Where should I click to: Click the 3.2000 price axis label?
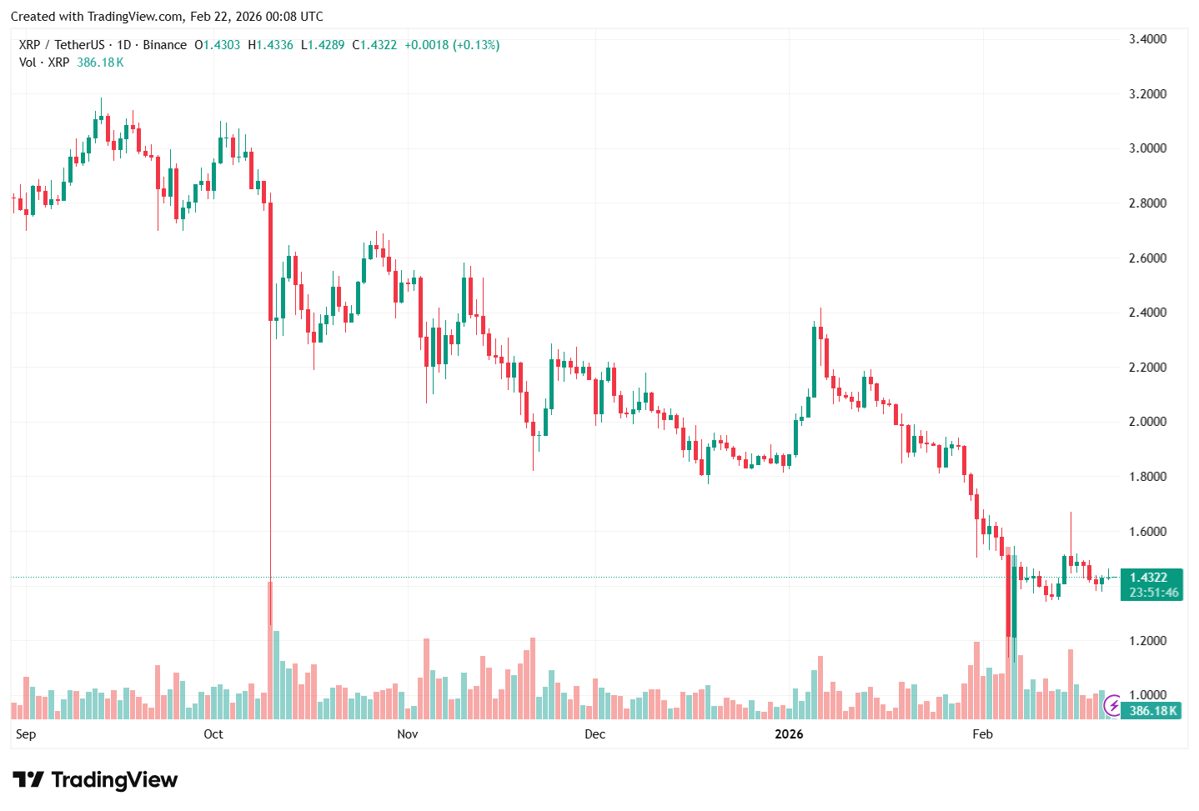(1147, 94)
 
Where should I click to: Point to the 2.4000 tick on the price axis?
(1147, 313)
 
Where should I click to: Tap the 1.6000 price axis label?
(1147, 532)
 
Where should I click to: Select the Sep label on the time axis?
(26, 734)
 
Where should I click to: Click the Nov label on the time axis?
(408, 734)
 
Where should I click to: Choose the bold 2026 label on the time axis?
(789, 734)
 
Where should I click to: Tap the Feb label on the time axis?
(983, 734)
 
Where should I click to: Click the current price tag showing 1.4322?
(1149, 578)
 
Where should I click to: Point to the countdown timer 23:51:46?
(1154, 593)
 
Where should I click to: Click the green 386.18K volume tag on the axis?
(1153, 711)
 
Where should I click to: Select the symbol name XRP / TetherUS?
(62, 45)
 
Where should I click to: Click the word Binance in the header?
(164, 45)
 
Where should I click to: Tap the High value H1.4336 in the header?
(270, 45)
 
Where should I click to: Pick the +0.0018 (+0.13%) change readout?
(452, 45)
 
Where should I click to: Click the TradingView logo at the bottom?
(96, 780)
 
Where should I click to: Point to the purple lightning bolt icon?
(1113, 707)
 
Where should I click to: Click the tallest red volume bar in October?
(270, 650)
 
